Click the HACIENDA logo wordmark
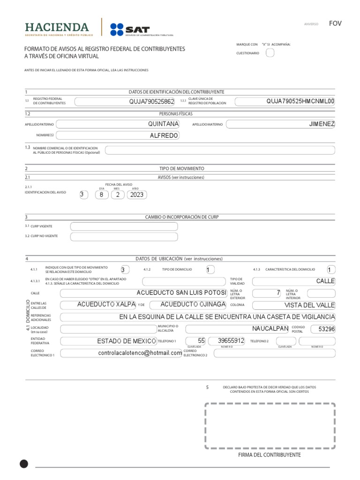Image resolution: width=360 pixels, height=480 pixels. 57,27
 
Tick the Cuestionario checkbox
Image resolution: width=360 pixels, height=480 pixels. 270,53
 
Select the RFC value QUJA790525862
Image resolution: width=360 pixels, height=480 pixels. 151,101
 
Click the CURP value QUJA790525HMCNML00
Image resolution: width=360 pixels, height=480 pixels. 300,101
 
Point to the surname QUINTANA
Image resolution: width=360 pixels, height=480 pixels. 163,124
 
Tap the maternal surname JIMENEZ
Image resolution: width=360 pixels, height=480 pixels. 322,124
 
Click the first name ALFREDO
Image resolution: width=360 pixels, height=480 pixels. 164,135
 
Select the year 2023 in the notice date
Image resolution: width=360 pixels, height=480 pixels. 137,195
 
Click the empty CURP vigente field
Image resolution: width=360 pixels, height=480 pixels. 124,226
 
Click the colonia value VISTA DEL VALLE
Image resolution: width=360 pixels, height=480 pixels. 309,305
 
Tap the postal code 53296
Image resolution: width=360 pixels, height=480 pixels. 327,329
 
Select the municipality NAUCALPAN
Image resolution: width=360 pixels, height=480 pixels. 270,328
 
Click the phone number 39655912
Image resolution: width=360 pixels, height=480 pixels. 225,341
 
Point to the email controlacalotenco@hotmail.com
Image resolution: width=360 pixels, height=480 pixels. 140,353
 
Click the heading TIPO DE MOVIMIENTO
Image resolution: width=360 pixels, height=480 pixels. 182,168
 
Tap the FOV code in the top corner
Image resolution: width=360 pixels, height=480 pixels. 335,23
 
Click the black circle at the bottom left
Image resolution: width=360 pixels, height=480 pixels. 24,464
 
